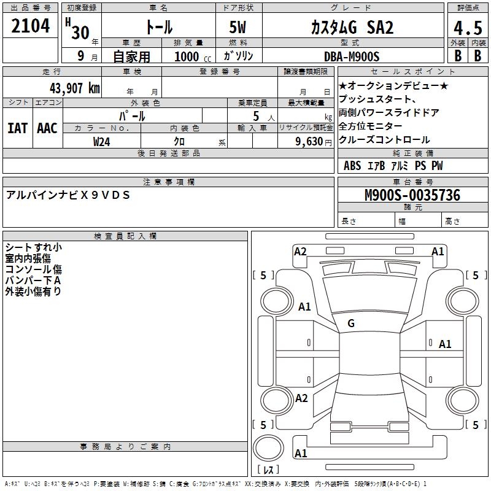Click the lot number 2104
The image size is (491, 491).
pos(31,26)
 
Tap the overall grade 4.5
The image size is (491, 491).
pos(466,28)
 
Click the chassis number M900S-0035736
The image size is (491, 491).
pos(412,195)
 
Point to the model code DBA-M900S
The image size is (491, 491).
pos(352,56)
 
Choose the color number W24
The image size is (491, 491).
pos(102,141)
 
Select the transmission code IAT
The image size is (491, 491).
pos(17,128)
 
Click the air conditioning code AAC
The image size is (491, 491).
pos(47,128)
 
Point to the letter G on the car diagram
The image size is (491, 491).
pos(351,323)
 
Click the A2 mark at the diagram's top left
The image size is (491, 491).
pos(300,251)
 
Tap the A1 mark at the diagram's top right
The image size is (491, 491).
pos(438,251)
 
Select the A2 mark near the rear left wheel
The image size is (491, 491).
pos(301,398)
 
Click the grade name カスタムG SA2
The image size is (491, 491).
pos(352,28)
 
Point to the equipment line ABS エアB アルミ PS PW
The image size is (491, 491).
pos(393,166)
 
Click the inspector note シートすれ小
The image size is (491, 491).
pos(33,247)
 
